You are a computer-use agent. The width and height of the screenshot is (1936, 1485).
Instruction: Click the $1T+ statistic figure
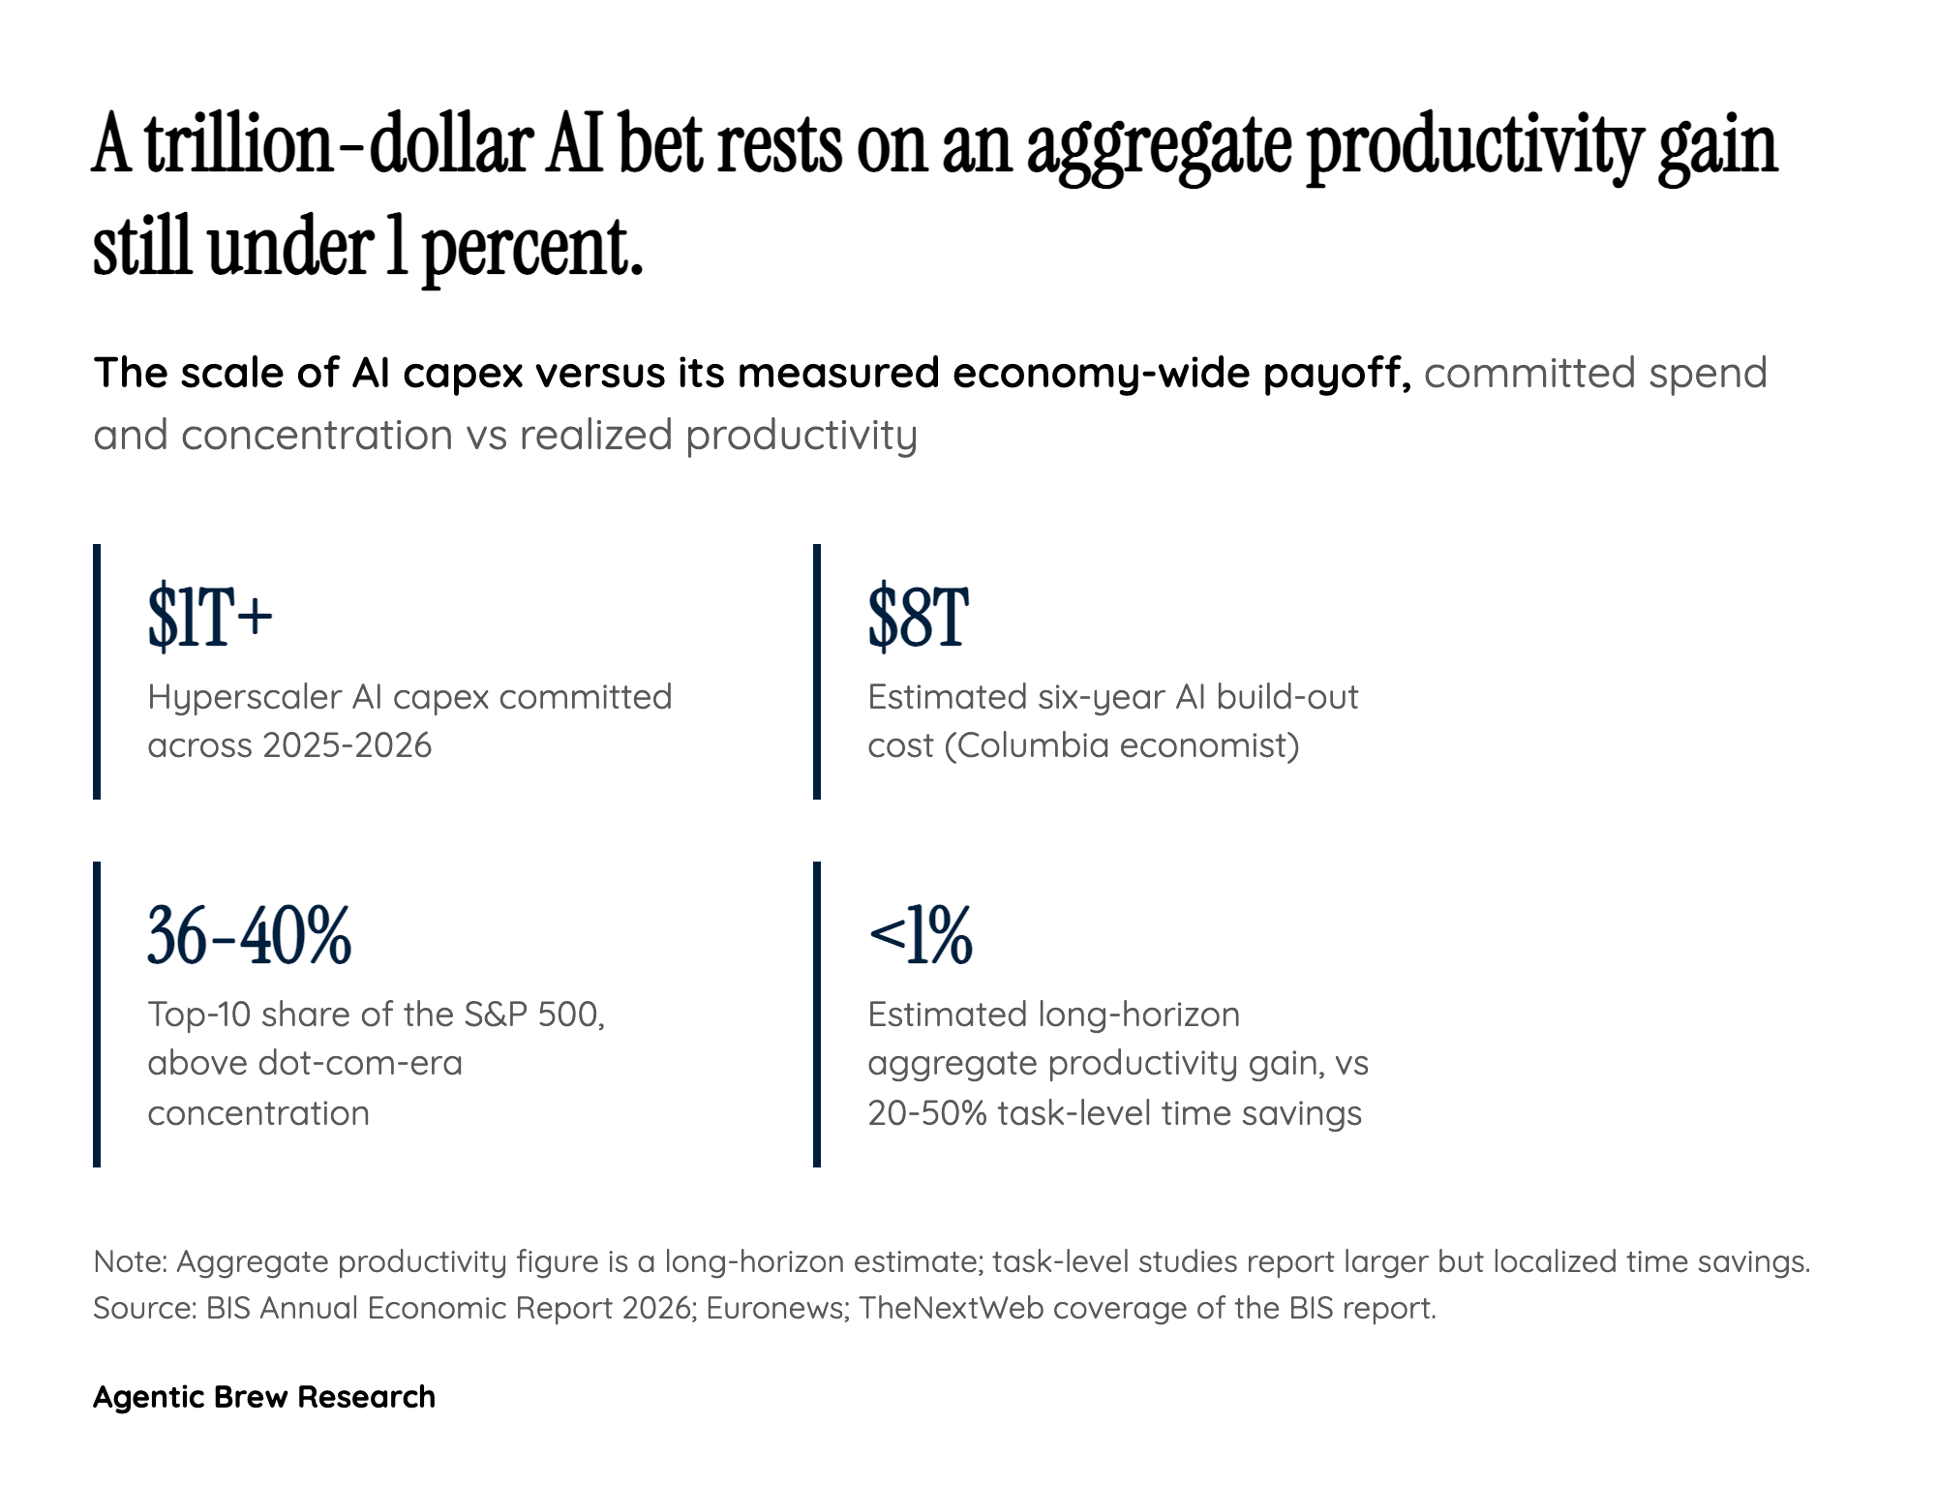[210, 617]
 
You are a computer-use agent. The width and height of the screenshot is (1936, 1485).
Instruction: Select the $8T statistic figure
[918, 617]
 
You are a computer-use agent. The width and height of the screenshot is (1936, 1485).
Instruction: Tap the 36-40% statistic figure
[249, 935]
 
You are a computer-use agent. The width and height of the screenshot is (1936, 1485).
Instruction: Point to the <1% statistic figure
[920, 935]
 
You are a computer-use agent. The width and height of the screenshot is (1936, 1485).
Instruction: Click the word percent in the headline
[532, 249]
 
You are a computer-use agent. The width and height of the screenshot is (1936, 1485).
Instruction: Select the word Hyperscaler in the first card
[245, 698]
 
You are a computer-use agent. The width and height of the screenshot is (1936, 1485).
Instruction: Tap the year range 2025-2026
[348, 745]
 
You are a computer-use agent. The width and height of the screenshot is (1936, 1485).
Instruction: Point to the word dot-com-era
[360, 1063]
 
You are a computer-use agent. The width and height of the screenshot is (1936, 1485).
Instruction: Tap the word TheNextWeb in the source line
[952, 1308]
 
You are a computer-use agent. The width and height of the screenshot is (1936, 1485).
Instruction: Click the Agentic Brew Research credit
[264, 1397]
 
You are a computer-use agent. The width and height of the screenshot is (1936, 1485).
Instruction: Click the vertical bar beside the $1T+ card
[97, 672]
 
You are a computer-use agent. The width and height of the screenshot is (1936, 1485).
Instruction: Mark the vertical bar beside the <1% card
[817, 1015]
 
